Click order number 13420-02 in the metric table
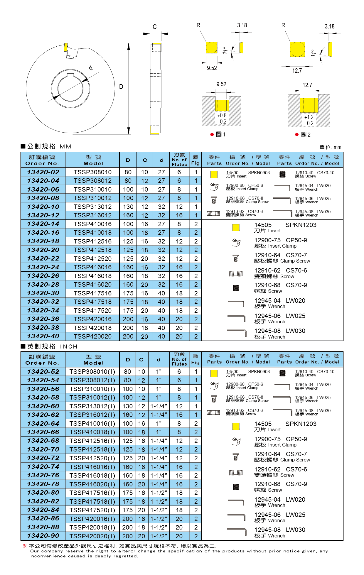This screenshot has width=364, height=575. coord(43,172)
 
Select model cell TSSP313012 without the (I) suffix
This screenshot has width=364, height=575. coord(92,207)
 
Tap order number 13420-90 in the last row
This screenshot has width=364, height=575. coord(43,536)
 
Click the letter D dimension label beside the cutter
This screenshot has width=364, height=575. coord(121,87)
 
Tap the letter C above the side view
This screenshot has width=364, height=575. coord(155,27)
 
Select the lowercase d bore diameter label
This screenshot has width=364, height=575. coord(91,68)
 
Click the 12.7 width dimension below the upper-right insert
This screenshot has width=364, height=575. coord(297,71)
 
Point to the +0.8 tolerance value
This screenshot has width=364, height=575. coord(222,115)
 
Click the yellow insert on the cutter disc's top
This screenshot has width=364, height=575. coord(66,47)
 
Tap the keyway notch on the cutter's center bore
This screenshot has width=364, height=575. coord(70,76)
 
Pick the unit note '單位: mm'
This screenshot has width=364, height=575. coord(330,147)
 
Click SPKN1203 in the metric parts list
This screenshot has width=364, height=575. coord(301,225)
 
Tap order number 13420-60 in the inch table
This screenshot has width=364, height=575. coord(43,406)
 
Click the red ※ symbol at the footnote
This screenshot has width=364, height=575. coord(25,546)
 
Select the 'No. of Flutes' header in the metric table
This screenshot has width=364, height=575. coord(179,160)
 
